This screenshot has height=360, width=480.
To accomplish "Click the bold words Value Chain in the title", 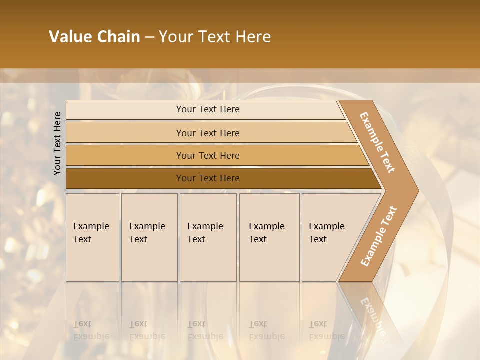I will point(94,37).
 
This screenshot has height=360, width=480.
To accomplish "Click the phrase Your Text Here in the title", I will point(215,37).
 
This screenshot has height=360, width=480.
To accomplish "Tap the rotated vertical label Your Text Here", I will point(57,143).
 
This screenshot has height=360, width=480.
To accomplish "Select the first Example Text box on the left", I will point(92,237).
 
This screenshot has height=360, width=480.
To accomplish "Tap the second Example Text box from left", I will point(149,237).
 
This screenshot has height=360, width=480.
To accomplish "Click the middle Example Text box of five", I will point(208,237).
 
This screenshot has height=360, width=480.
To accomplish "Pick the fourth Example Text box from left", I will point(269,237).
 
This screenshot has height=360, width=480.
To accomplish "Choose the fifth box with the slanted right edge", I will point(330,237).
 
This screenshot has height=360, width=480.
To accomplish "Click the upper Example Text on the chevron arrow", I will point(377,142).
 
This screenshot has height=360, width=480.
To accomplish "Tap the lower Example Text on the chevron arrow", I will point(379,236).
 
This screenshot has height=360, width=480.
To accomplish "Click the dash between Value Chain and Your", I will point(149,37).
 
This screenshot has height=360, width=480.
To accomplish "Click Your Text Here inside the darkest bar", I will point(208,178).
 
